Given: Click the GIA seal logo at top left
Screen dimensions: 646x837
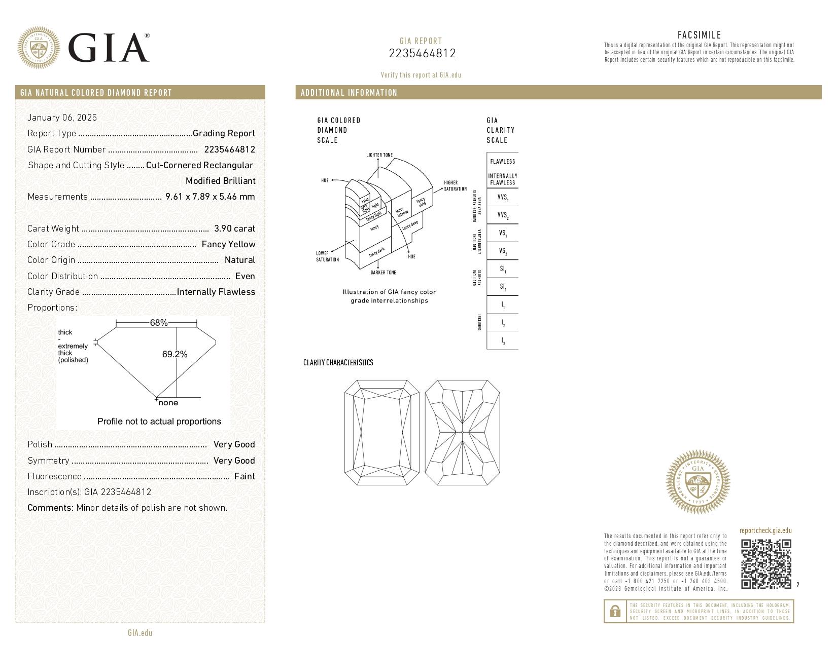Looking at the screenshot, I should tap(39, 48).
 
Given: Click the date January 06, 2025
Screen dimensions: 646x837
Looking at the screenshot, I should tap(62, 118).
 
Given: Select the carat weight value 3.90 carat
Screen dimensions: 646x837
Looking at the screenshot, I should tap(234, 229).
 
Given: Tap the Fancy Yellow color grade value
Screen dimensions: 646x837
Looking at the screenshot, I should tap(228, 244).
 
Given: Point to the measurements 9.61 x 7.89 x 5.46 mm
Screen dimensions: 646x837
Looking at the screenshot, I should tap(210, 197).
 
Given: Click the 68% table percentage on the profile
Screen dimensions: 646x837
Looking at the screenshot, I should tap(159, 323).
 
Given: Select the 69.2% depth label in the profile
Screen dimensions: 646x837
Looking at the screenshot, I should tap(175, 354).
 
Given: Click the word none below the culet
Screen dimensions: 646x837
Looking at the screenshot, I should tap(168, 403).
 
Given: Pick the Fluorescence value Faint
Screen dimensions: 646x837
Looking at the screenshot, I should tap(245, 476).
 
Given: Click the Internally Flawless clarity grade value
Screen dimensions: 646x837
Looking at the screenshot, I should tap(216, 292).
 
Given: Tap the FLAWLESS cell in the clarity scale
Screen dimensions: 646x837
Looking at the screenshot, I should tap(502, 162).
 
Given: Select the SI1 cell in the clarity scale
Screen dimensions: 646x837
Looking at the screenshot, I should tap(502, 269).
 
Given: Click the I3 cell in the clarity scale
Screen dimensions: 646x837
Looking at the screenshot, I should tap(502, 341).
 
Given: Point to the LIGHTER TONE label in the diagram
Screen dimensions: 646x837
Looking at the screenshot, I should tap(379, 155).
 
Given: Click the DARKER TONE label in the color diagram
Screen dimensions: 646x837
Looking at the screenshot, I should tap(383, 273).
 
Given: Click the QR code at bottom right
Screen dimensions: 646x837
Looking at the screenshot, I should tap(766, 564).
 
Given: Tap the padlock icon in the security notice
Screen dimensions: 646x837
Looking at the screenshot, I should tap(615, 612).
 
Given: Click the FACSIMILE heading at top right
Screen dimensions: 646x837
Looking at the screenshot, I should tap(699, 35).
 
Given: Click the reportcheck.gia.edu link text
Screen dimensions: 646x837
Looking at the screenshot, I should tap(765, 530).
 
